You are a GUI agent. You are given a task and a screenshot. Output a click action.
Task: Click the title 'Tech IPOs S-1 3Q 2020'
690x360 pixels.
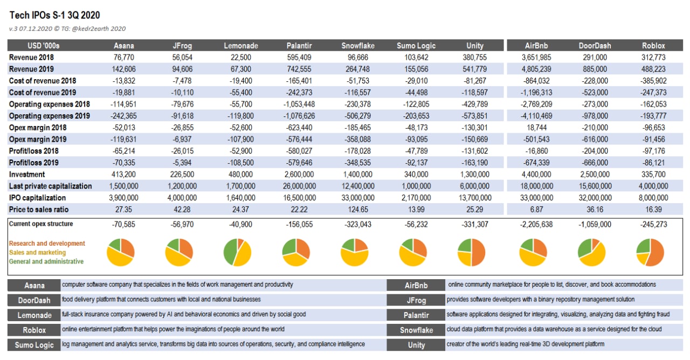click(x=54, y=15)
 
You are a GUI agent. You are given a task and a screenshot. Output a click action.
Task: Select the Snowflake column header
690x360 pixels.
click(x=357, y=46)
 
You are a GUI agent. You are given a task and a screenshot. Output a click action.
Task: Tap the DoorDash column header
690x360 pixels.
click(x=595, y=46)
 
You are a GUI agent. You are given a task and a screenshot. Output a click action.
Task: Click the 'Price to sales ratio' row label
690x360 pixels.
click(x=38, y=210)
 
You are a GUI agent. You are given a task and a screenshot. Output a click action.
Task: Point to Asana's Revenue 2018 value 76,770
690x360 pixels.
click(x=123, y=57)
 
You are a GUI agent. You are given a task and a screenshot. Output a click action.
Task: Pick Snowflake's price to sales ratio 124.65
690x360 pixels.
click(x=357, y=210)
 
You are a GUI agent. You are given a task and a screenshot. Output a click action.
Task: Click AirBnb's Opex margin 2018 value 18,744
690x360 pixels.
click(x=536, y=128)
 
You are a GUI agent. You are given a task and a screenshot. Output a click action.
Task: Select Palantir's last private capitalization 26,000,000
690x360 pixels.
click(x=299, y=186)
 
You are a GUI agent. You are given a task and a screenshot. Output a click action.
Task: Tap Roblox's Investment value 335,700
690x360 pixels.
click(x=653, y=174)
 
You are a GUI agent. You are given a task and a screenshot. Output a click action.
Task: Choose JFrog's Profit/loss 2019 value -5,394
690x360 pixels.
click(x=182, y=163)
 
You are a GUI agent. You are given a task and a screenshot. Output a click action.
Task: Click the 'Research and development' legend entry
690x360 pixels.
click(x=47, y=243)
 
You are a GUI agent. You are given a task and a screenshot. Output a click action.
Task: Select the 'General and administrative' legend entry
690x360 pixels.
click(x=46, y=261)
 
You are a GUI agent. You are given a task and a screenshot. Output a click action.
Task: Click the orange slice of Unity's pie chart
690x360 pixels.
click(x=478, y=253)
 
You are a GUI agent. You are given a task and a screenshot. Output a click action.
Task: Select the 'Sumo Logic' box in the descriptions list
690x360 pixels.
click(x=34, y=345)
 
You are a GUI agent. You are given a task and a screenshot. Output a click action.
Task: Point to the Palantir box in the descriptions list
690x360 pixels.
click(x=416, y=315)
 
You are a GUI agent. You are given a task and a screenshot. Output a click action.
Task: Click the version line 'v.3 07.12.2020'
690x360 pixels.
click(x=31, y=29)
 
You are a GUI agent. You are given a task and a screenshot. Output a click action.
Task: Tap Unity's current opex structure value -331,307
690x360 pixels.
click(x=475, y=224)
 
